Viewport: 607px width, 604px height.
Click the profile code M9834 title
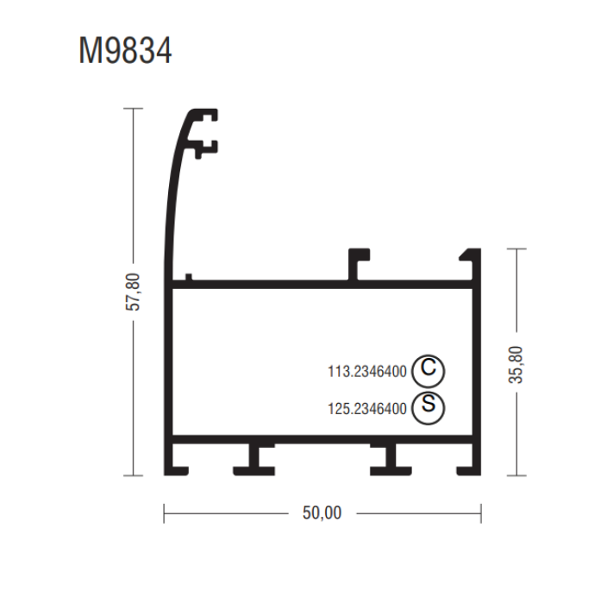[x=125, y=50]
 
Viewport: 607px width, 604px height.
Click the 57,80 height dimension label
[x=133, y=292]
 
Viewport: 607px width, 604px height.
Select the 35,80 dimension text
[x=516, y=365]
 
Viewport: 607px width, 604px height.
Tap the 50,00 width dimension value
[x=322, y=513]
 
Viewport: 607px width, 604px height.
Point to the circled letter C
[x=429, y=371]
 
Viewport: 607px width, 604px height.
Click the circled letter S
[x=429, y=407]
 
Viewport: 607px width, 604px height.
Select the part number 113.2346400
[x=367, y=372]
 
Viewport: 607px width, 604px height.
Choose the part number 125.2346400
[x=367, y=409]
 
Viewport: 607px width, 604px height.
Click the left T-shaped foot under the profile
[x=254, y=460]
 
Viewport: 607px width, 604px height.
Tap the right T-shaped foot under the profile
[x=391, y=460]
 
